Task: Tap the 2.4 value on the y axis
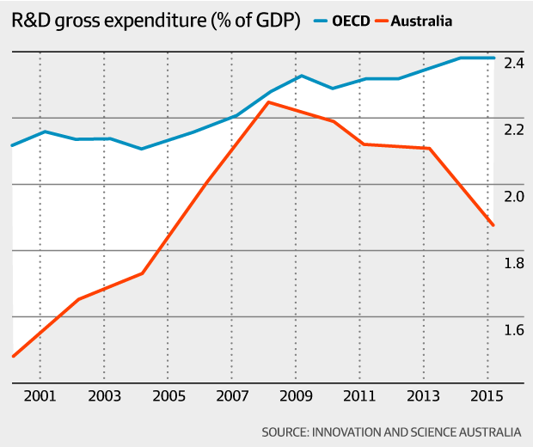click(x=514, y=64)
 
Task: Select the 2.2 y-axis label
click(x=514, y=130)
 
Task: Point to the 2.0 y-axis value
click(x=514, y=197)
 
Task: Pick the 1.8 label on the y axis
click(x=514, y=263)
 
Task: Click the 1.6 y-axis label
click(x=514, y=330)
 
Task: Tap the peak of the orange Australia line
click(x=269, y=102)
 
